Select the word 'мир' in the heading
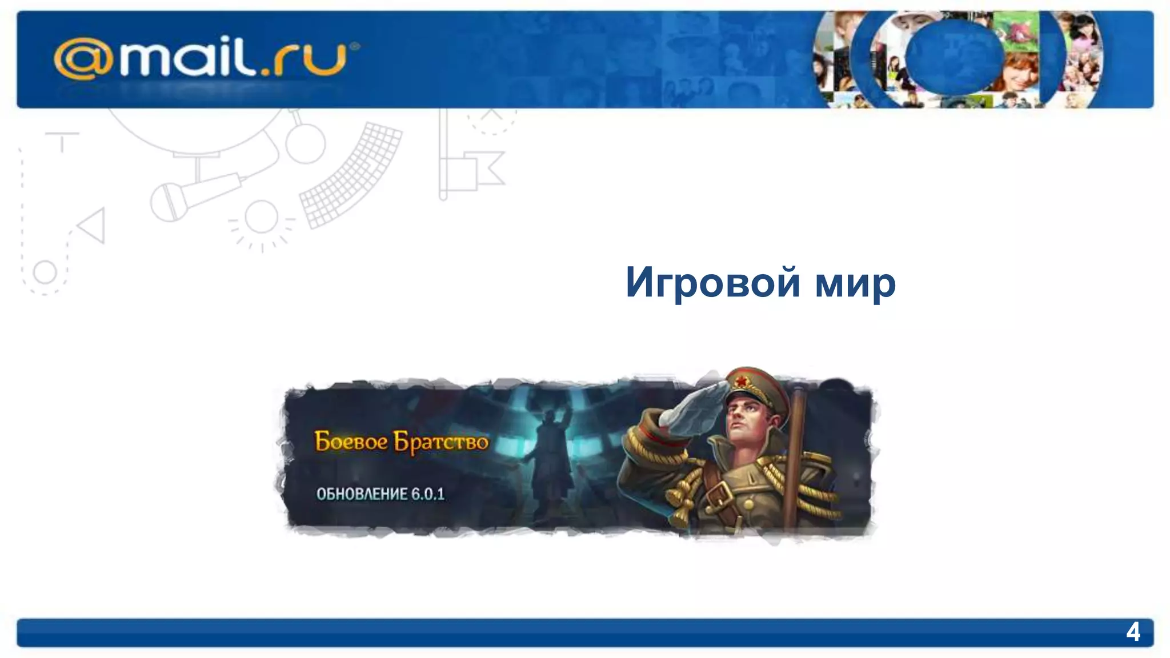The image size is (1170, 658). click(855, 283)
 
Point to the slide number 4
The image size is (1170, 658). click(1133, 632)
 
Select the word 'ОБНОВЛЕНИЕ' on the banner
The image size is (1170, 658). click(362, 494)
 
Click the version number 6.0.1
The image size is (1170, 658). click(428, 494)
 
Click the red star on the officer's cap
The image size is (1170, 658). click(742, 380)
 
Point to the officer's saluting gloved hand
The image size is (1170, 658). click(691, 406)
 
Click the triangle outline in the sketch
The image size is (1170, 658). click(93, 226)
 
